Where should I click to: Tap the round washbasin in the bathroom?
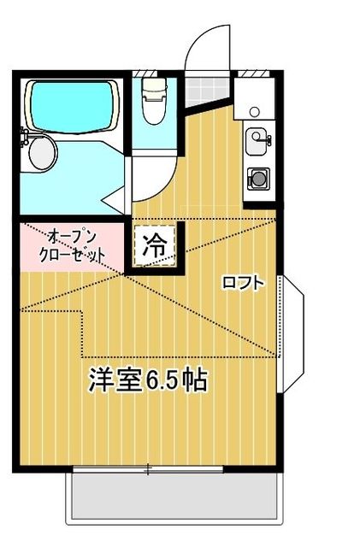click(40, 153)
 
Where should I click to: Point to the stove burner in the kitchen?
click(257, 179)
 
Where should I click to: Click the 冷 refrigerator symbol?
click(154, 248)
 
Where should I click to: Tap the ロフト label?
click(243, 282)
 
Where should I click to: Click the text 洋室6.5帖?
click(148, 380)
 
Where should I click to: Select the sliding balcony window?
click(148, 468)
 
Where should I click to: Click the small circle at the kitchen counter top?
click(255, 112)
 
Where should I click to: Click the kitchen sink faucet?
click(267, 138)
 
